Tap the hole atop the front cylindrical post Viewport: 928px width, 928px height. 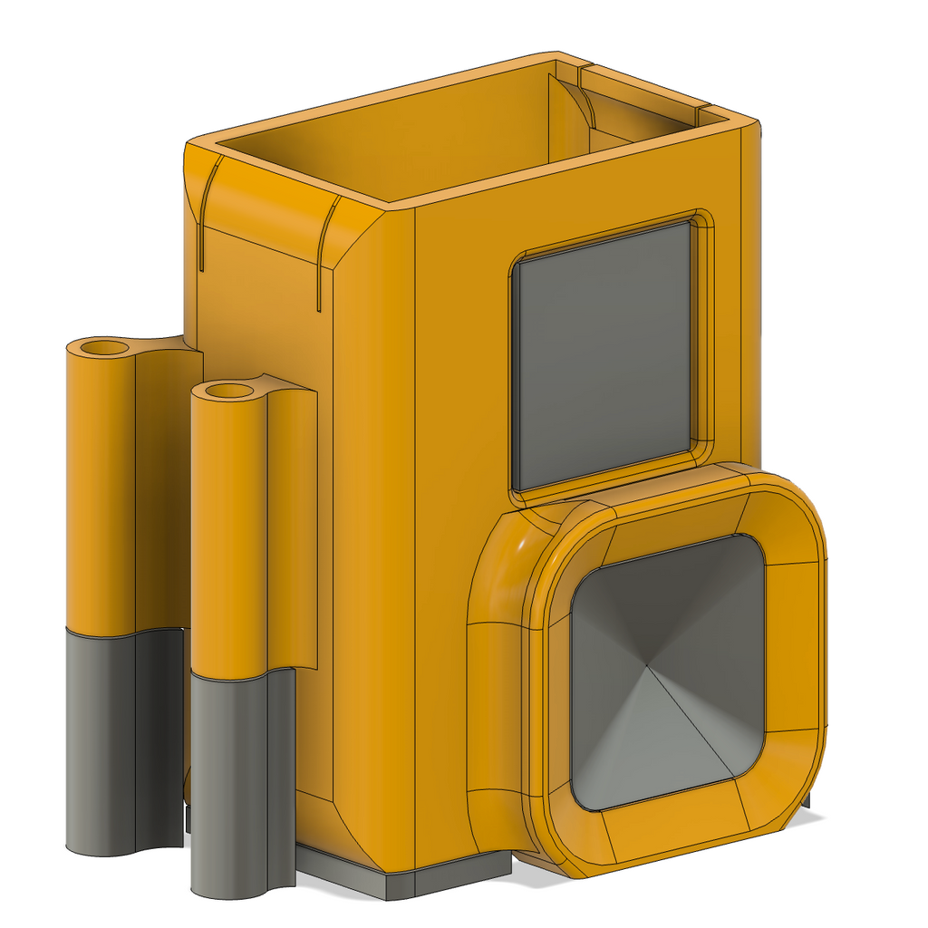pos(228,391)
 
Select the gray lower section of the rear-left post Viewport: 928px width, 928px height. pos(101,743)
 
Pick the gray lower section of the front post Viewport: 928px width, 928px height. pos(228,779)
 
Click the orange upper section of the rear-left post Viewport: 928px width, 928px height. pos(101,489)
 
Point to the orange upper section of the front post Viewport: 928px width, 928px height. pos(228,535)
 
